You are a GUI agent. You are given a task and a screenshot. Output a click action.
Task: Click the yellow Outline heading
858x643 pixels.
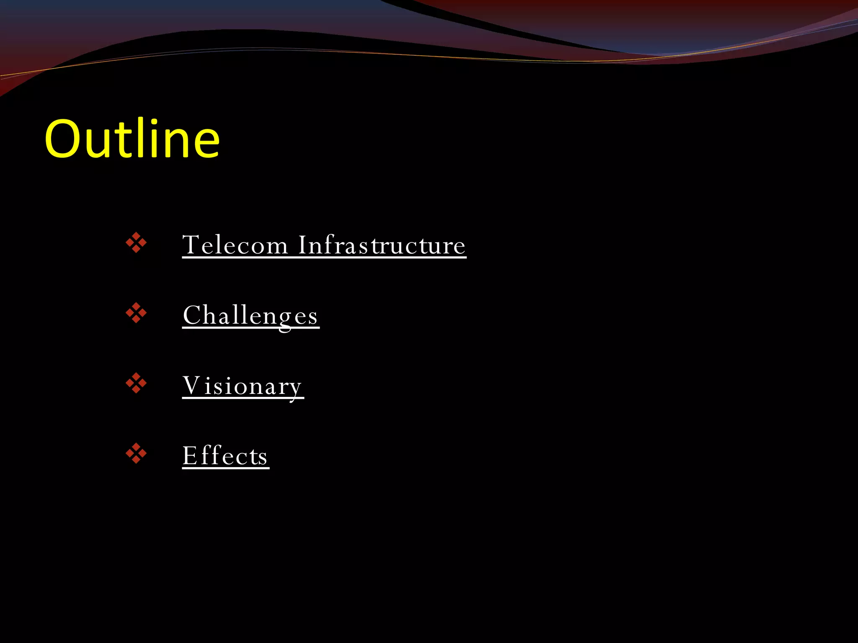(132, 139)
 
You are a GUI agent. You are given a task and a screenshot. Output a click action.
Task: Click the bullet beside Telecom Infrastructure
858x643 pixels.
(136, 243)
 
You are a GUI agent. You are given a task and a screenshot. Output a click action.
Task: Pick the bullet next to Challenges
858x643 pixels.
(136, 313)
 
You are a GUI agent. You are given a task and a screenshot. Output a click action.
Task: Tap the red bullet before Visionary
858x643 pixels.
(136, 383)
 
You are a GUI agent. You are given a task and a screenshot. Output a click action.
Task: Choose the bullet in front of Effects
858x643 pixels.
(136, 453)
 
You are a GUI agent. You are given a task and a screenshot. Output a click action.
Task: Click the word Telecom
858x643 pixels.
(235, 245)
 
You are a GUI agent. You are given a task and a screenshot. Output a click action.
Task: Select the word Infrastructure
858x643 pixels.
(382, 245)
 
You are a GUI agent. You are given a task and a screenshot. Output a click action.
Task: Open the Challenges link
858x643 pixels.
(251, 315)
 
